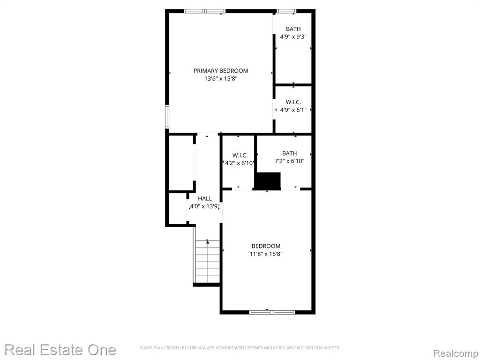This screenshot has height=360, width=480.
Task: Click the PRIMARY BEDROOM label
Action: [x=221, y=71]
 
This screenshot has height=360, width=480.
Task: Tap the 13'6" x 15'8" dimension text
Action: [x=221, y=79]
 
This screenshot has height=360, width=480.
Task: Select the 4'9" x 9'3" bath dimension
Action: [x=293, y=37]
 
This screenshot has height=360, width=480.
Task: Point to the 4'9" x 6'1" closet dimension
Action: [x=293, y=110]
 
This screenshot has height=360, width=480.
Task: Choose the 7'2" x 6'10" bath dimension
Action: [x=289, y=161]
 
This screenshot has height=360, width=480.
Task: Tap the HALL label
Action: [x=205, y=198]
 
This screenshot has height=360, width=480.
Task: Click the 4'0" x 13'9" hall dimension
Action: [x=204, y=206]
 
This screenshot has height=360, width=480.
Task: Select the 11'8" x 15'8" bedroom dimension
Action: [x=266, y=254]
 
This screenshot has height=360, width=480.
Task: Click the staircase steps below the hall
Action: [x=208, y=262]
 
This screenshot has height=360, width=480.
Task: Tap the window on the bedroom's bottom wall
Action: [x=272, y=312]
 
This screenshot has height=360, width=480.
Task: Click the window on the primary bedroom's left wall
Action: [x=167, y=117]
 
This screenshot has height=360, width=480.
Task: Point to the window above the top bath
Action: [x=286, y=11]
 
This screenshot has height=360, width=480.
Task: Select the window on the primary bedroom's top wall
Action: [x=205, y=11]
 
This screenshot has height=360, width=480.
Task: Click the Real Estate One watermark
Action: [x=60, y=350]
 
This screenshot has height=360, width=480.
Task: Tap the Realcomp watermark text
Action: [x=456, y=353]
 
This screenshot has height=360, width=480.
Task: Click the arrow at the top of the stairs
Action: [x=208, y=242]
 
